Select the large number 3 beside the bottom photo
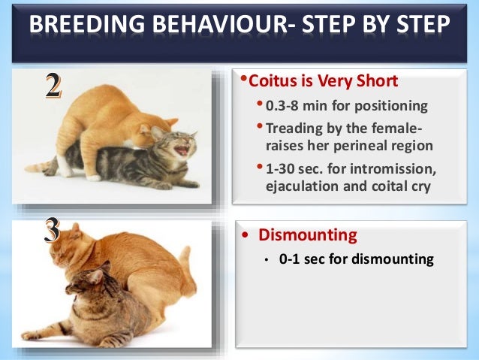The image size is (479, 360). pyautogui.click(x=52, y=230)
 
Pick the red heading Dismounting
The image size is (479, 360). pyautogui.click(x=308, y=235)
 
